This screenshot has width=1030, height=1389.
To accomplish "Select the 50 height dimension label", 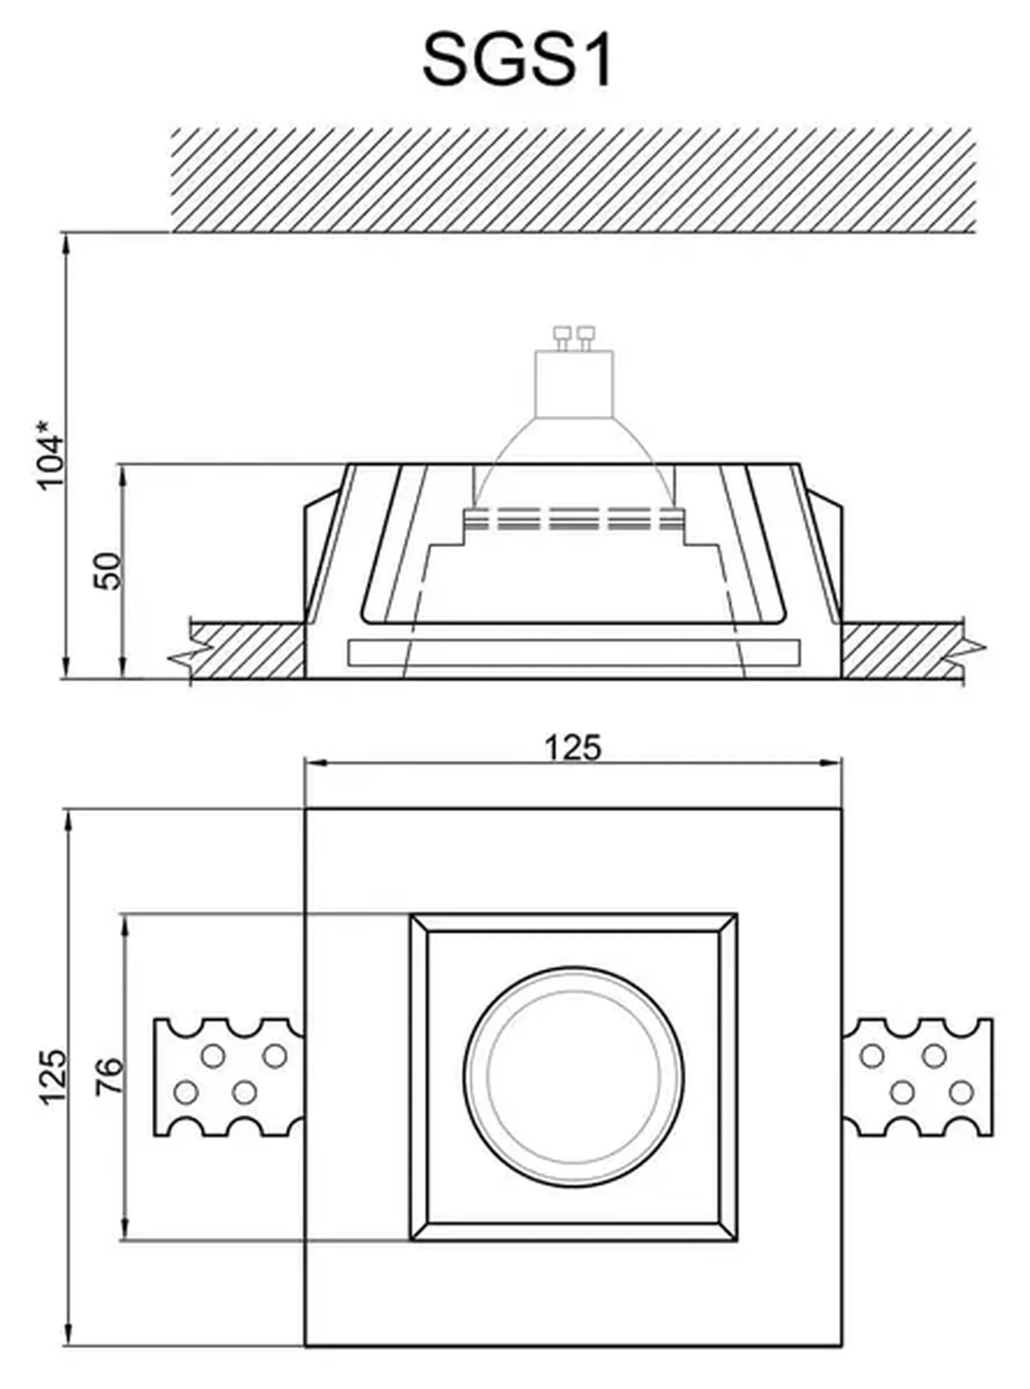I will [x=107, y=570].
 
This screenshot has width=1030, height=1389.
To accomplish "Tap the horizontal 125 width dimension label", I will [x=573, y=748].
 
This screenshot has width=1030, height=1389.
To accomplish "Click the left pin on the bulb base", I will [x=562, y=336].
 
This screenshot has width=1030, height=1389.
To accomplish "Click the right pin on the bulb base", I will [x=586, y=336].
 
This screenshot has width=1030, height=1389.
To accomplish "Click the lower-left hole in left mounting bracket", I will [x=186, y=1092].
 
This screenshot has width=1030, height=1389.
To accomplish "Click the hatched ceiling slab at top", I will [x=574, y=180].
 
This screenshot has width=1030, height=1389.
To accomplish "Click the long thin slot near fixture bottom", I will [x=574, y=652].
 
